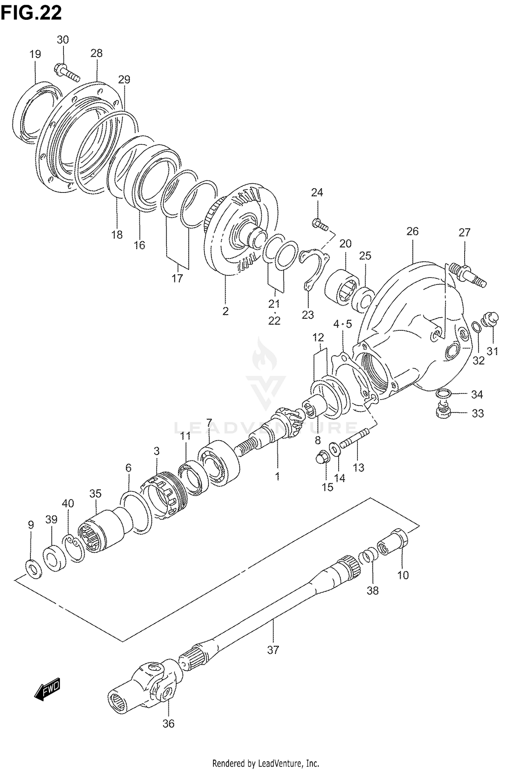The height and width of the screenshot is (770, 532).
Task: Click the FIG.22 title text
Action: coord(31,13)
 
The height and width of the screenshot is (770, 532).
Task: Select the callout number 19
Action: coord(35,54)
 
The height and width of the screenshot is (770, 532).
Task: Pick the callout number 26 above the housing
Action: coord(412,231)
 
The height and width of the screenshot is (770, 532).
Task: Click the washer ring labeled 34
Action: coord(443,393)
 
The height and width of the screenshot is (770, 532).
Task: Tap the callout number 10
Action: coord(403,575)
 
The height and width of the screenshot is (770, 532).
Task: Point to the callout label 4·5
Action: coord(342,324)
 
